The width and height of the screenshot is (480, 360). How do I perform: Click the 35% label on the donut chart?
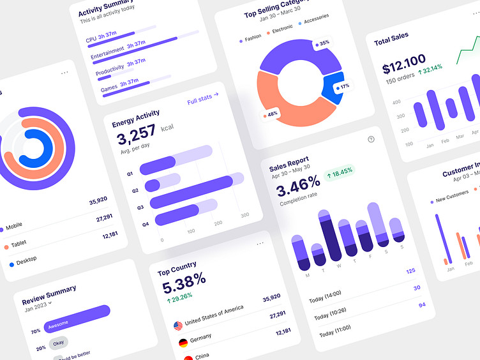coord(322,43)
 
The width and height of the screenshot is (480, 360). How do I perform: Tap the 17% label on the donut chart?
coord(343,86)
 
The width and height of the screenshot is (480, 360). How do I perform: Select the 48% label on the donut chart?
coord(271,114)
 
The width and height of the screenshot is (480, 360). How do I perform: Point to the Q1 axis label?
coord(130,174)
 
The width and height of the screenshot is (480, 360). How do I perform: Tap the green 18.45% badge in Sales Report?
coord(340,172)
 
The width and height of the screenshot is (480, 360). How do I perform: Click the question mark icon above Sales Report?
coord(371,139)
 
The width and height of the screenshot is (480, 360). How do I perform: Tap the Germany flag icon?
coord(183,343)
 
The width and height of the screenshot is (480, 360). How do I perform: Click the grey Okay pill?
coord(58,342)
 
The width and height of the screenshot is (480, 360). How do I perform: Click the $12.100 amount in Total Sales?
coord(404,62)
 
